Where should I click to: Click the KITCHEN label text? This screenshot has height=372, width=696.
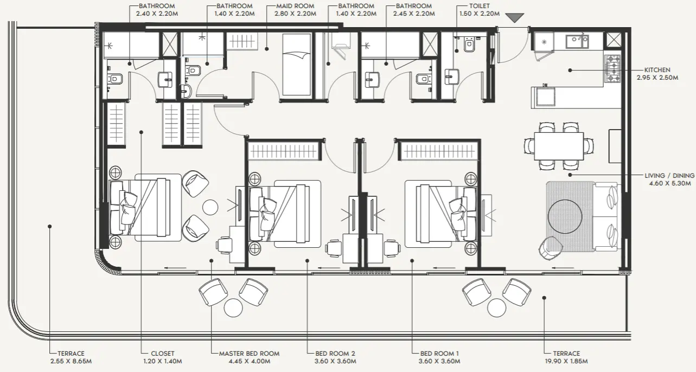[657, 70]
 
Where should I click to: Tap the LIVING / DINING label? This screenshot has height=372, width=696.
[669, 175]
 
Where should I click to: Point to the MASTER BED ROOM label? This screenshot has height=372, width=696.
[249, 354]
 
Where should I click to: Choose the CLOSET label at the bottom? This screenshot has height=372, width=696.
[163, 354]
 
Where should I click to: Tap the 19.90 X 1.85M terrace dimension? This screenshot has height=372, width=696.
[566, 361]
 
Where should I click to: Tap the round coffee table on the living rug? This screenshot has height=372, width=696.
[570, 216]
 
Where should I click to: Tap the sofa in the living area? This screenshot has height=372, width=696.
[606, 216]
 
